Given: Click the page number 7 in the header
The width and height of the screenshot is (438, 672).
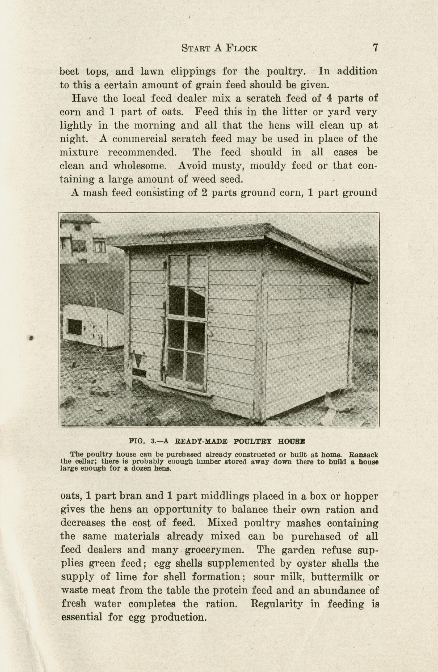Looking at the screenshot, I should click(x=375, y=47).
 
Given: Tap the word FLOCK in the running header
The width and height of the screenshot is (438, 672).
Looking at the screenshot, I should click(x=242, y=48).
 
